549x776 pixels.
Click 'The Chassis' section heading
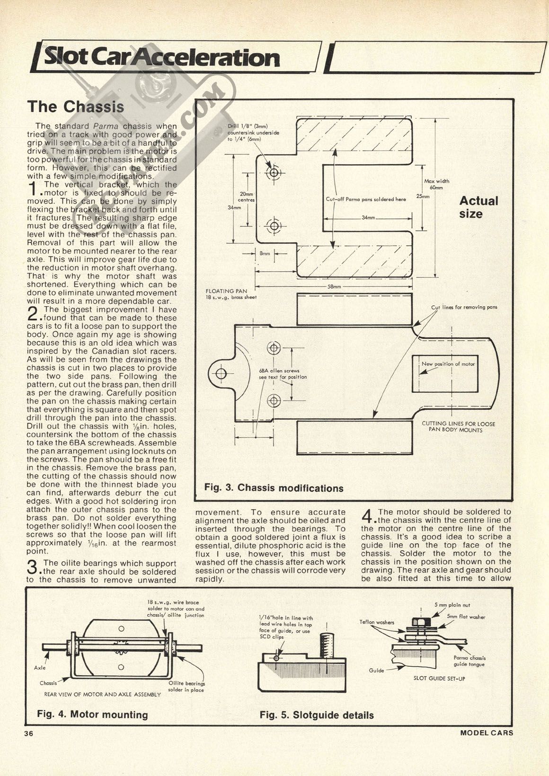[76, 106]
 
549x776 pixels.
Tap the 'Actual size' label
[478, 207]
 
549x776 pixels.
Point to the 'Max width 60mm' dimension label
[436, 184]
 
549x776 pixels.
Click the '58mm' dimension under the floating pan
[334, 287]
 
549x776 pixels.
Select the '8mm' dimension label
[265, 254]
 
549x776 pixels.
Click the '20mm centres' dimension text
[247, 197]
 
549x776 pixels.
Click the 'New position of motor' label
[448, 364]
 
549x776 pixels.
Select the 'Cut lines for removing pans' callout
[464, 307]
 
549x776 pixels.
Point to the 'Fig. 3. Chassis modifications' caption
[274, 488]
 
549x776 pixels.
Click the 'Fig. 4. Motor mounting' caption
[92, 714]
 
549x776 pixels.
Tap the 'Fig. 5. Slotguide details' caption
[316, 715]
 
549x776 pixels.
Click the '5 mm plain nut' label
[452, 605]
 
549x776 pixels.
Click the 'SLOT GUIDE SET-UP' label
[439, 679]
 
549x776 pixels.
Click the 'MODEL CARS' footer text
[486, 733]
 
